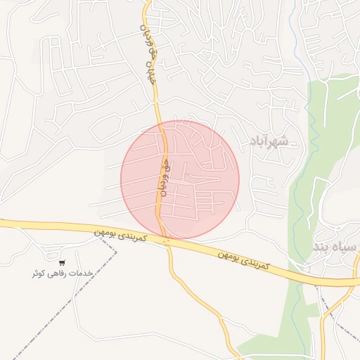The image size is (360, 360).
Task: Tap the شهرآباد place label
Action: click(x=269, y=142)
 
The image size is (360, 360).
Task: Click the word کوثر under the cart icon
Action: click(x=37, y=273)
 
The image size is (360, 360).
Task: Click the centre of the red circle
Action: click(x=180, y=180)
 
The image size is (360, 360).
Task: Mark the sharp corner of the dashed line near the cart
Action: click(x=117, y=251)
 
